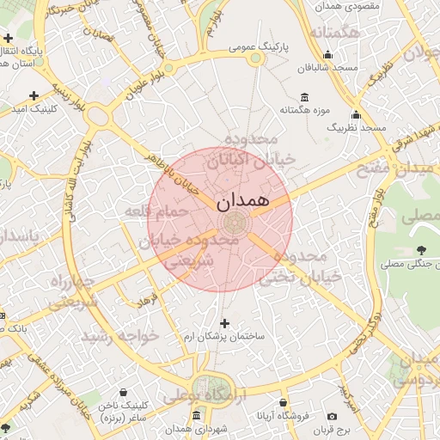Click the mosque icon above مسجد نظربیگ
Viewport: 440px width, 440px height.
point(356,115)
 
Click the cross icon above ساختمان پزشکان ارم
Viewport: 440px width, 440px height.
point(225,323)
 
